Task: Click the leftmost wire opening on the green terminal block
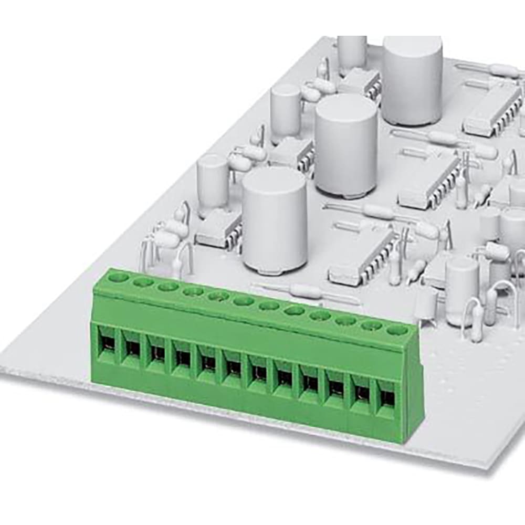(x=105, y=343)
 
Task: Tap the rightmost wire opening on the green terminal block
(x=387, y=397)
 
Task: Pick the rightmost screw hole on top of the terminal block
(x=397, y=331)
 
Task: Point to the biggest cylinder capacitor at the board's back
(x=412, y=79)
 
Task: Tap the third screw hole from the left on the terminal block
(x=168, y=286)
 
